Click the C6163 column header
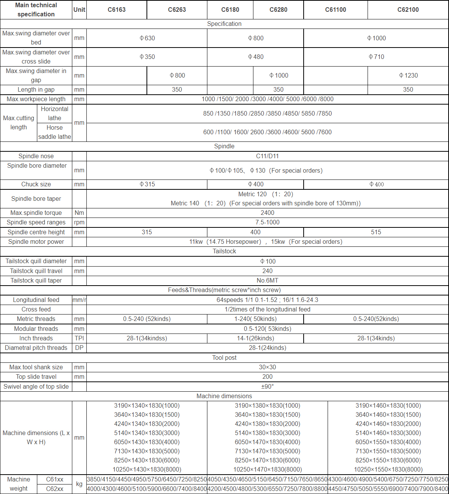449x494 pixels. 116,10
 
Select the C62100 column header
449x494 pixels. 408,10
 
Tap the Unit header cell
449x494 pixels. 79,10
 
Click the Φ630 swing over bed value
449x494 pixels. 147,38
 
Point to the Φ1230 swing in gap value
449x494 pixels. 408,75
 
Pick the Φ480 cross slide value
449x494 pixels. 255,57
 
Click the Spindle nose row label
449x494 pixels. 36,156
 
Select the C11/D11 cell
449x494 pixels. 267,156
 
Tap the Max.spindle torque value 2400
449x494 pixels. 267,213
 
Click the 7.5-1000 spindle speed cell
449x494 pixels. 267,222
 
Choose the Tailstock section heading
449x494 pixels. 224,251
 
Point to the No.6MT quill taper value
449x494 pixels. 267,280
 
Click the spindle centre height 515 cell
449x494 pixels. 376,232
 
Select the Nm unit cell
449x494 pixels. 79,213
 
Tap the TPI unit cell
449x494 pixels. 79,338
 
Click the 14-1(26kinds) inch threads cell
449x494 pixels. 255,338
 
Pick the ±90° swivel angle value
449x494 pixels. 267,386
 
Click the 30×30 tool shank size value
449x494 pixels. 267,367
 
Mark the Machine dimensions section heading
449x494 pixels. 224,396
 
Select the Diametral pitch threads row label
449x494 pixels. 36,348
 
